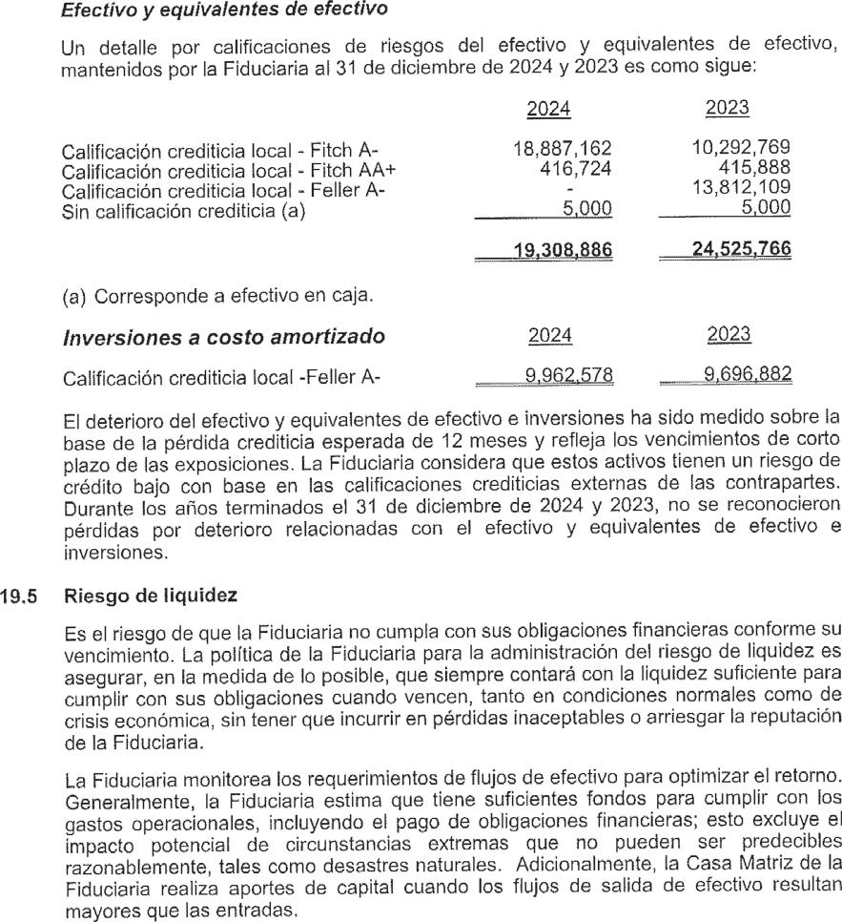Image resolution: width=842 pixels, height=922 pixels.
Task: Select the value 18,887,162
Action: click(561, 148)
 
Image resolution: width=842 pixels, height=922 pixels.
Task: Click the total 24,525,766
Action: click(732, 250)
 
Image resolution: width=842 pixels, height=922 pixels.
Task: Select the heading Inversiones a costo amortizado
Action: click(223, 336)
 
